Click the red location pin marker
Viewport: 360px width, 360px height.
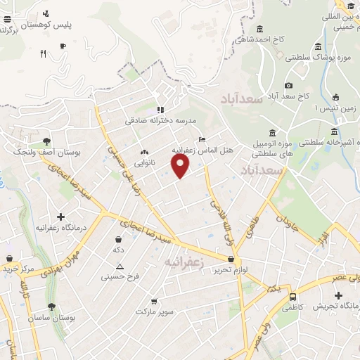(x=181, y=165)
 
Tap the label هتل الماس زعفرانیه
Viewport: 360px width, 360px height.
(x=200, y=150)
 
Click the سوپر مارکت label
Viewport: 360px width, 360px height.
(x=155, y=310)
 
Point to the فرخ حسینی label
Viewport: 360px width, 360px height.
(x=120, y=276)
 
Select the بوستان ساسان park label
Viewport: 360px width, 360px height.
(x=51, y=318)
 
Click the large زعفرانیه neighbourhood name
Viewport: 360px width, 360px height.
(x=184, y=262)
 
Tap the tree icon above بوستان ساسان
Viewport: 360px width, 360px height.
(x=51, y=306)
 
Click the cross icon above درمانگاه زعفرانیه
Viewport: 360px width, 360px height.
(x=60, y=217)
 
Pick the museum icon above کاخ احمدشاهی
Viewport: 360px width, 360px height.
(x=260, y=29)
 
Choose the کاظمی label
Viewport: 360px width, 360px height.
(x=290, y=307)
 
